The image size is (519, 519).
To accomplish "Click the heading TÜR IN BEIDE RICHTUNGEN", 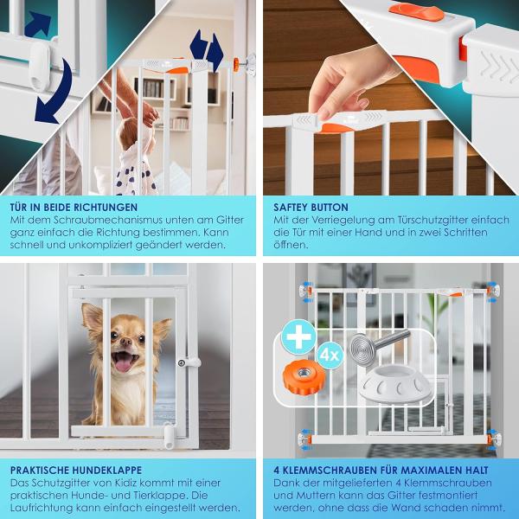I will point(74,208).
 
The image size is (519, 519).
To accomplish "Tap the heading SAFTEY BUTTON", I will point(311,208).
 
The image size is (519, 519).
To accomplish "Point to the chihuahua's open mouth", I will point(124,359).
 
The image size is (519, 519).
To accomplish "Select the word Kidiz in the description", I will point(114,483).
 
